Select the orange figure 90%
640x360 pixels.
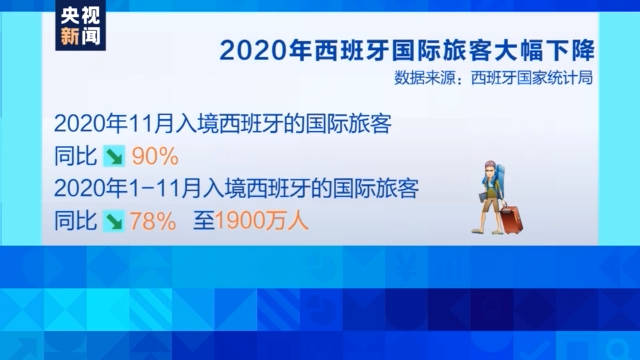154,157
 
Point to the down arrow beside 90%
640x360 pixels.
115,157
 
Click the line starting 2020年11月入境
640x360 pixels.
221,125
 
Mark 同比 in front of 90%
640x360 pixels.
76,157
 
